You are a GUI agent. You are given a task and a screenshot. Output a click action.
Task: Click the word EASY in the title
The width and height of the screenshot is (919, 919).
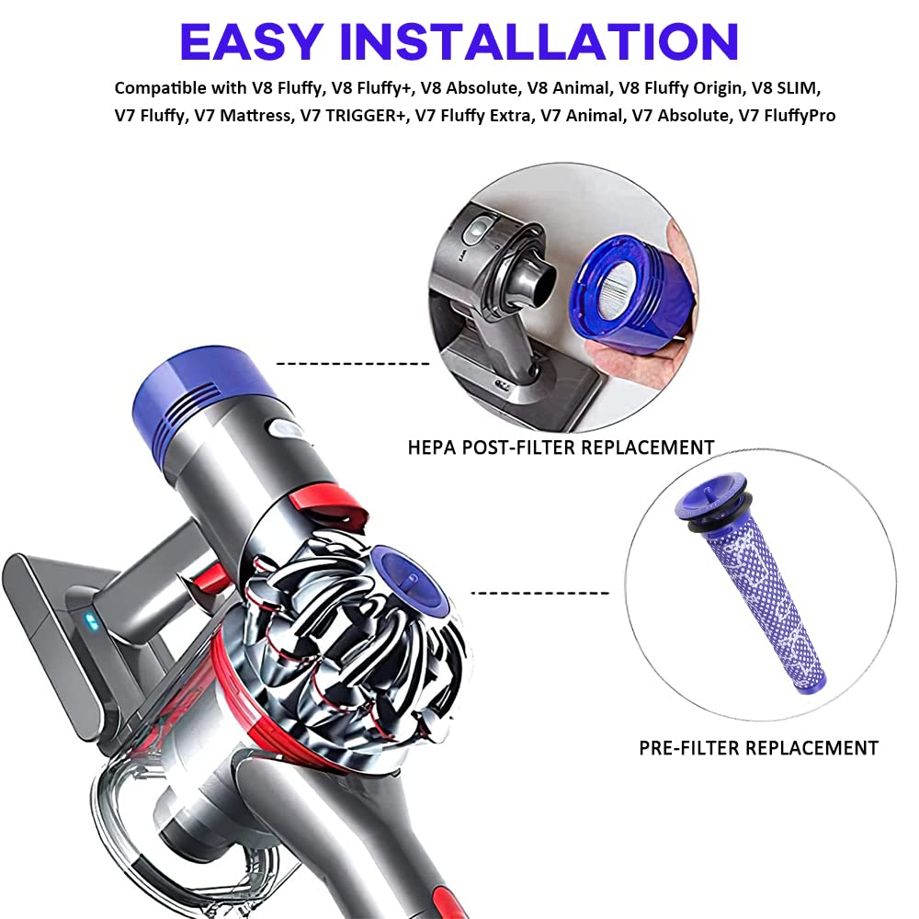click(251, 41)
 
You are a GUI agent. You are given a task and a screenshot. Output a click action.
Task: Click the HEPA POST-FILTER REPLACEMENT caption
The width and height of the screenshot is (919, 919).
click(561, 448)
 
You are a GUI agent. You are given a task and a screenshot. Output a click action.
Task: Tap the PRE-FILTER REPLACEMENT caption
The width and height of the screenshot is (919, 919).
click(758, 748)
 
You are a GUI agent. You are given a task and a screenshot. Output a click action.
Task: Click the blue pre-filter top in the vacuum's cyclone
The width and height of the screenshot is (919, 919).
click(410, 580)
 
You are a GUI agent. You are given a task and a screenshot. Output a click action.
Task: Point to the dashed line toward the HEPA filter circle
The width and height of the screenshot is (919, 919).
click(353, 364)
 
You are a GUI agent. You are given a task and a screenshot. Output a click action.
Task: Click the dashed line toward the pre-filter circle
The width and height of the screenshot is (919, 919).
click(539, 593)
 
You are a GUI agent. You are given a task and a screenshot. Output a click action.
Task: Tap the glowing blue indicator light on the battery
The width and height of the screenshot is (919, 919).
click(90, 620)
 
